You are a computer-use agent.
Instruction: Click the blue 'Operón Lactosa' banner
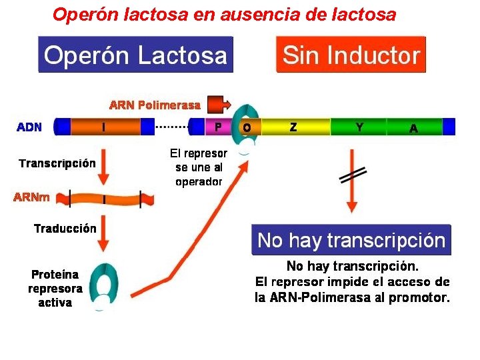pos(135,54)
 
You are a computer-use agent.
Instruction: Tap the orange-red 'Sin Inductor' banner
pos(351,54)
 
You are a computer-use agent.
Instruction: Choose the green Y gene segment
pos(360,127)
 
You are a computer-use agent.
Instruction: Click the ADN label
pos(29,127)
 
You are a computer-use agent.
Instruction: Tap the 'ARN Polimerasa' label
pos(155,105)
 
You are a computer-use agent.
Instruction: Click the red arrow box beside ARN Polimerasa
pos(218,105)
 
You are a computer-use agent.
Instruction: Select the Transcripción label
pos(57,163)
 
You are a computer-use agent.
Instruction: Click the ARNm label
pos(33,197)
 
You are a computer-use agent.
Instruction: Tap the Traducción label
pos(65,229)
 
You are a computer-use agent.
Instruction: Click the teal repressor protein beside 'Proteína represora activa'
pos(104,285)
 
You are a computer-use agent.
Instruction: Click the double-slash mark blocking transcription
pos(352,175)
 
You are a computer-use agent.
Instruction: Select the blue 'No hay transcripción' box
pos(351,240)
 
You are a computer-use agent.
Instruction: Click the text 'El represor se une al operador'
pos(199,167)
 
